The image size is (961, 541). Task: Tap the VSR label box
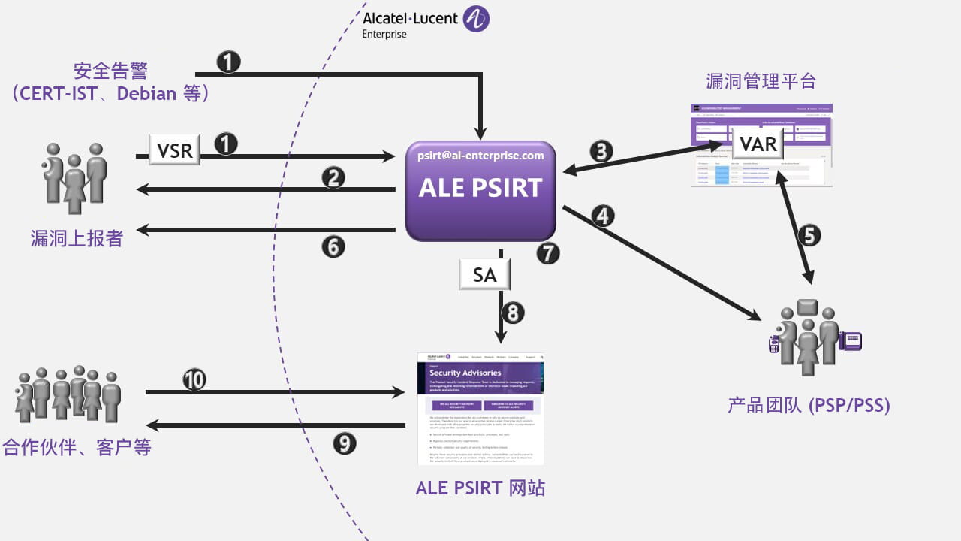tap(175, 150)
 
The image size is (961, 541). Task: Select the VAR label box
tap(758, 143)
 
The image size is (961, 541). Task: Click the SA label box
tap(484, 275)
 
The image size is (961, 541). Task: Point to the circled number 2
tap(333, 178)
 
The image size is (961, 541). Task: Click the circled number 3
tap(601, 151)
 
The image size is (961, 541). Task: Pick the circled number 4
tap(603, 216)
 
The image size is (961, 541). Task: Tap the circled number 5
tap(809, 235)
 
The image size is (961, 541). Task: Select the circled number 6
tap(333, 246)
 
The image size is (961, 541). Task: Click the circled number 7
tap(548, 253)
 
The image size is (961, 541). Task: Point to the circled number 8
tap(512, 312)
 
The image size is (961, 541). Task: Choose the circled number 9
tap(345, 443)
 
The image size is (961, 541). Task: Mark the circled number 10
tap(194, 380)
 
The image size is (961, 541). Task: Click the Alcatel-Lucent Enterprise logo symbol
tap(476, 19)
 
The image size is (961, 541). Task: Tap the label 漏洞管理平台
tap(761, 81)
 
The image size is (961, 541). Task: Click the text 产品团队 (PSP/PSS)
tap(809, 406)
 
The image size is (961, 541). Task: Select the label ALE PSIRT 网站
tap(480, 488)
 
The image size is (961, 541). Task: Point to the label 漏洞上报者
tap(77, 238)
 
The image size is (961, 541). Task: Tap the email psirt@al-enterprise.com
tap(480, 156)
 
